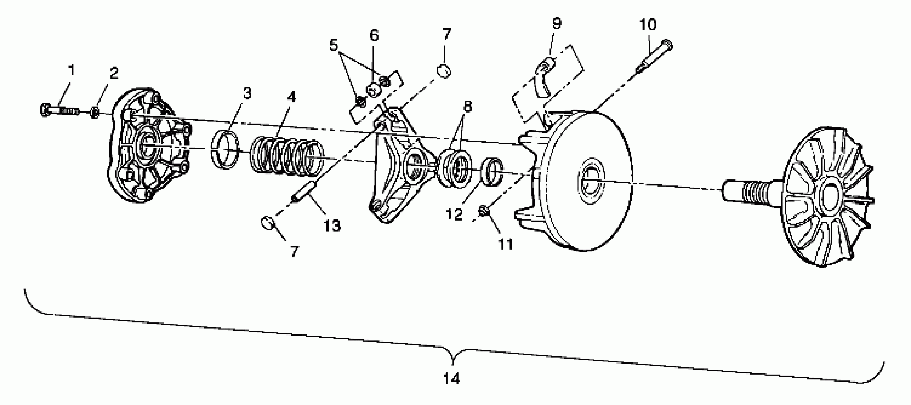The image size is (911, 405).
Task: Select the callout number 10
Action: click(x=648, y=25)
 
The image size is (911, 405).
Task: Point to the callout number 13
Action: click(x=332, y=225)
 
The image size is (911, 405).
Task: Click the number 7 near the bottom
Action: click(x=294, y=251)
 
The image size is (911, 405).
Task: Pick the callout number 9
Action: click(x=556, y=23)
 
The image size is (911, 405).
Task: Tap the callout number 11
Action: click(x=505, y=244)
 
